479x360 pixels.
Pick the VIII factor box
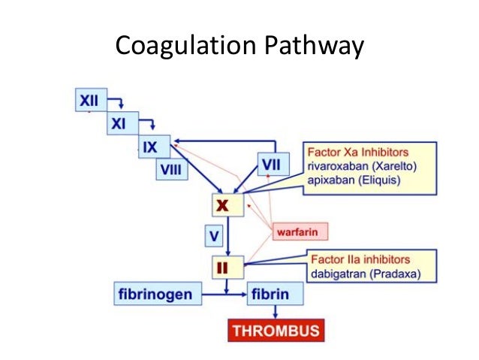click(172, 171)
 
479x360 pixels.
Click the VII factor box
click(271, 163)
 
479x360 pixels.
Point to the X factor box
click(227, 204)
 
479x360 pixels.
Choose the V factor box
click(215, 237)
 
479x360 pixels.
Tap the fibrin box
click(276, 292)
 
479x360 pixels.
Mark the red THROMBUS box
click(276, 330)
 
